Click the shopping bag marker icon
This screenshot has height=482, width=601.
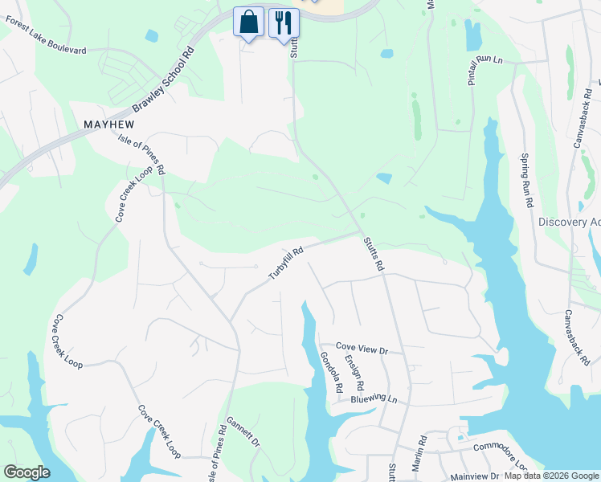coord(249,22)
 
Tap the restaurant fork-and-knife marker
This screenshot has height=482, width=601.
coord(282,22)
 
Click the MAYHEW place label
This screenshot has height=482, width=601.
coord(108,125)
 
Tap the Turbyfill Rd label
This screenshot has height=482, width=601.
coord(285,263)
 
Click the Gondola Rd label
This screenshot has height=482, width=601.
coord(332,373)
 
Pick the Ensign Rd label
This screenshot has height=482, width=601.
coord(354,374)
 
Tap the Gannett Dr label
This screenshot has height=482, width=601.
coord(243,432)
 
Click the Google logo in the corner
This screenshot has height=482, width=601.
coord(26,472)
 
